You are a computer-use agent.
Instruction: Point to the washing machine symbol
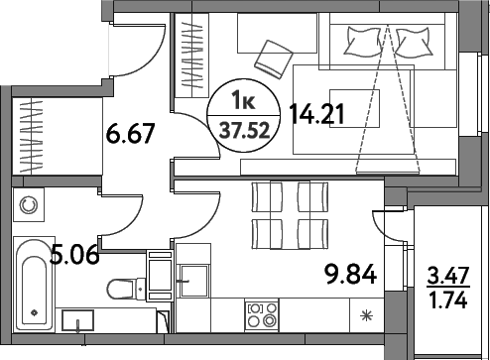point(29,204)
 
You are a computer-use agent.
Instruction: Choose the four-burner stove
point(263,313)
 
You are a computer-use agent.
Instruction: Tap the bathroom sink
point(77,319)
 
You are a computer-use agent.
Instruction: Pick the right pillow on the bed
point(415,39)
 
